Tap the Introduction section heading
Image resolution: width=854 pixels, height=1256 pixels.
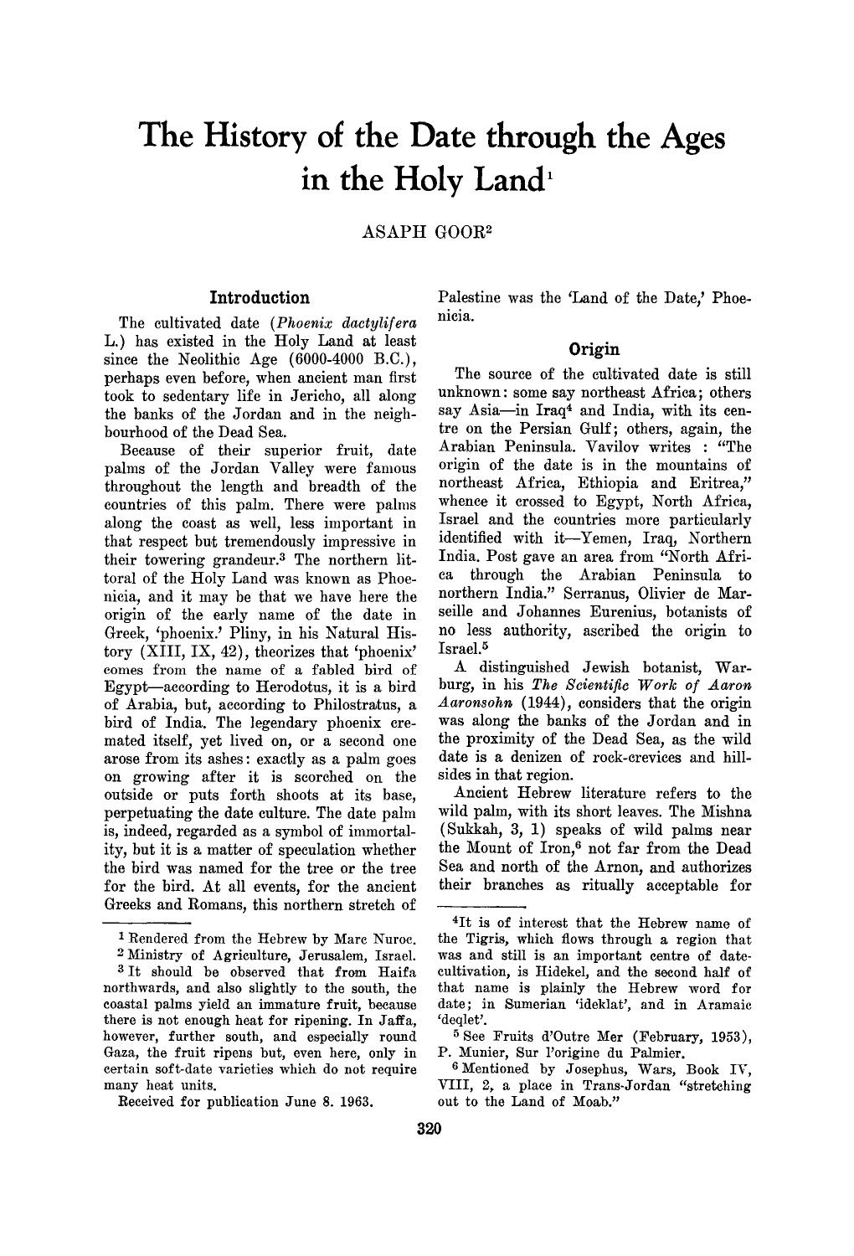click(260, 297)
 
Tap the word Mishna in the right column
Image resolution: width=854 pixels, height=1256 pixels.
click(722, 811)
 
